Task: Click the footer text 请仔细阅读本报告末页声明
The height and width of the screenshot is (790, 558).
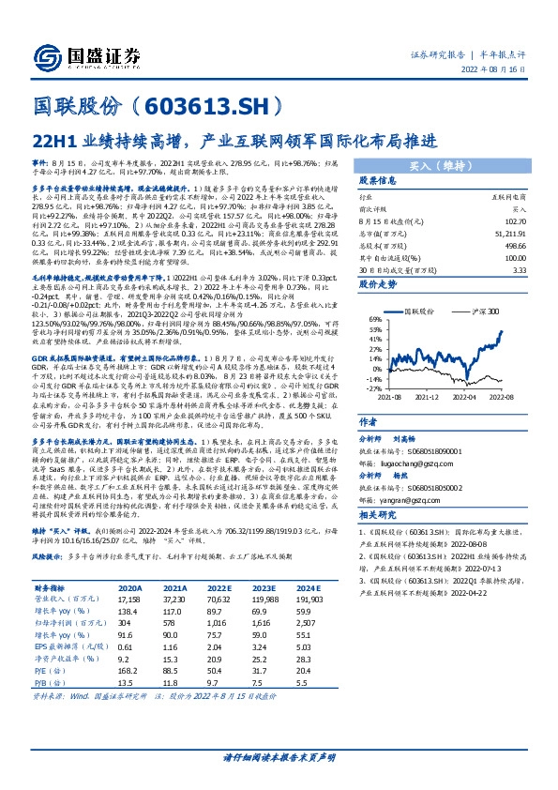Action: pos(279,757)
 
